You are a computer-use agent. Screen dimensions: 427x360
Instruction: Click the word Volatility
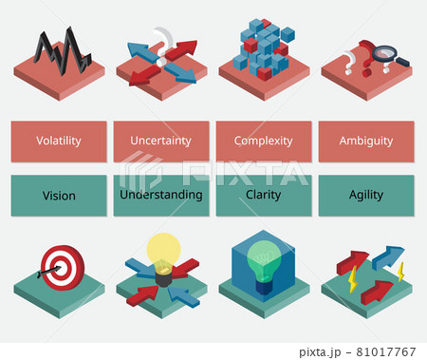click(59, 141)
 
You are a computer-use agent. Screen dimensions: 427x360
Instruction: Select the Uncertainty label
click(161, 141)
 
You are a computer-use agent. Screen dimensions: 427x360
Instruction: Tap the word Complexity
click(263, 141)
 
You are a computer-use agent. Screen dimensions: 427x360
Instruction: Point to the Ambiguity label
click(365, 141)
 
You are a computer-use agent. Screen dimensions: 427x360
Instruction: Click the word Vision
click(59, 196)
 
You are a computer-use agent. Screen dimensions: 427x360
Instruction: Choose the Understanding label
click(161, 195)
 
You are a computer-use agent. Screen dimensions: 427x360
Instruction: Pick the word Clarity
click(263, 195)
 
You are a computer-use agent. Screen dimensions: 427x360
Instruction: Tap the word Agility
click(365, 195)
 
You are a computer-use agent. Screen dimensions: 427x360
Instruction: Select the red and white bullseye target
click(57, 265)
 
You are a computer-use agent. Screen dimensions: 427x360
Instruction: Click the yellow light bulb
click(163, 251)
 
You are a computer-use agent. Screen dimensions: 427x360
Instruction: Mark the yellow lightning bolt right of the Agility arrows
click(400, 273)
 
